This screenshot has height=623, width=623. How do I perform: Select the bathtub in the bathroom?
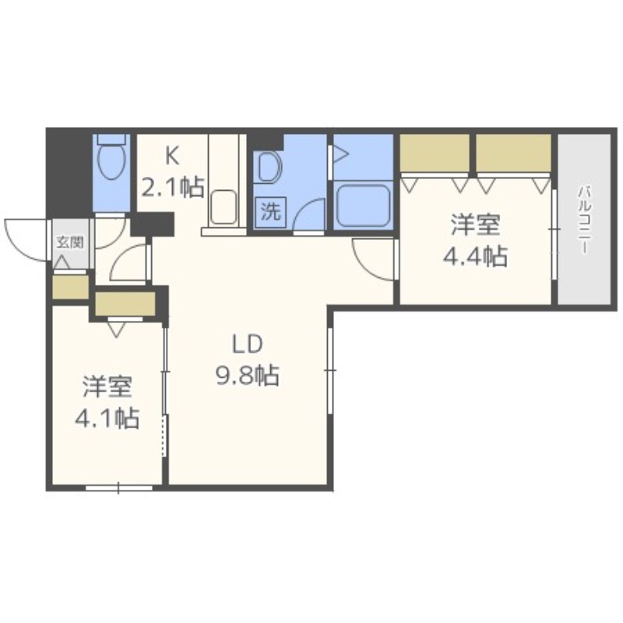pyautogui.click(x=362, y=205)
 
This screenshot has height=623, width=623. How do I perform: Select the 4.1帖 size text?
pyautogui.click(x=107, y=418)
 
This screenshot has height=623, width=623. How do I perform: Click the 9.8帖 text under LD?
pyautogui.click(x=247, y=376)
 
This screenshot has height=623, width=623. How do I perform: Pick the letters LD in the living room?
pyautogui.click(x=247, y=344)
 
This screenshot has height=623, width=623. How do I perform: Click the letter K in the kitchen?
pyautogui.click(x=172, y=154)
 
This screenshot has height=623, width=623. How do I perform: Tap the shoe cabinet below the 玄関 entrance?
pyautogui.click(x=70, y=287)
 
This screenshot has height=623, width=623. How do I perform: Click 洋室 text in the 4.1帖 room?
pyautogui.click(x=107, y=386)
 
